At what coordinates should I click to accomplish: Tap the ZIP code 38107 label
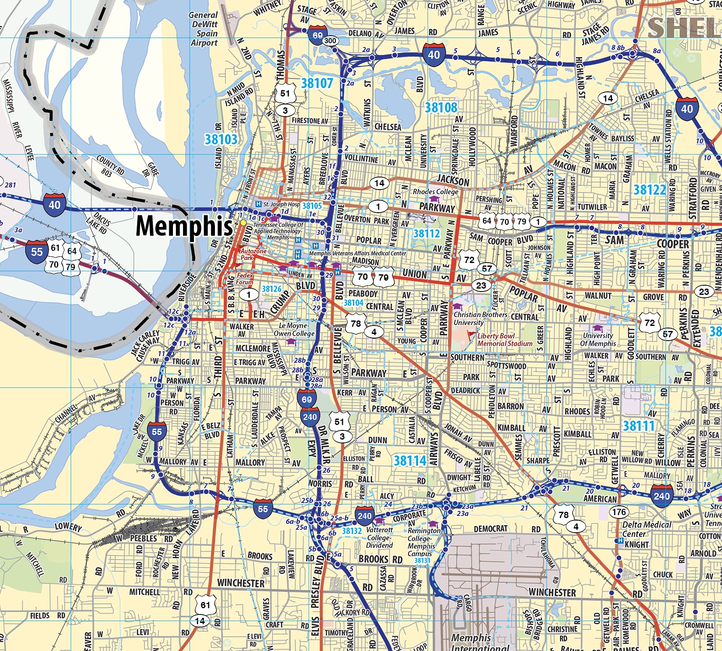(x=317, y=83)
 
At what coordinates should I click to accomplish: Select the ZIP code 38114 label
(x=410, y=461)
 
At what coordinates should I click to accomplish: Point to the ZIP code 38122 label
(x=649, y=190)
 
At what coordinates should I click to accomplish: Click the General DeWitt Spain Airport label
(x=204, y=29)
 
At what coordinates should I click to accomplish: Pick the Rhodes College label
(x=435, y=192)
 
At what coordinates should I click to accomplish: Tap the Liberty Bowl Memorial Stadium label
(x=505, y=340)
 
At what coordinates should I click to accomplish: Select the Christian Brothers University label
(x=480, y=318)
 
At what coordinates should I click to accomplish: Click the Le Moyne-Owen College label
(x=294, y=330)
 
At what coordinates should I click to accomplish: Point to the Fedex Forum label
(x=245, y=279)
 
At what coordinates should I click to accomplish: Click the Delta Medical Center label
(x=646, y=529)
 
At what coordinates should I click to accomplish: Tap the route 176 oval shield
(x=619, y=512)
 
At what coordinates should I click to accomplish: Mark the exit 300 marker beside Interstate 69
(x=330, y=41)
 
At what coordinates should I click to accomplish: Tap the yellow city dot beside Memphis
(x=243, y=222)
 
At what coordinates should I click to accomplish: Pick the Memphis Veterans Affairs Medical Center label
(x=357, y=253)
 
